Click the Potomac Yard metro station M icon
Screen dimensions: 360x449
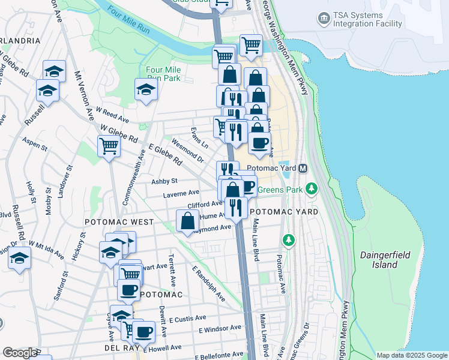303,169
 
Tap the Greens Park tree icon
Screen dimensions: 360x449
311,190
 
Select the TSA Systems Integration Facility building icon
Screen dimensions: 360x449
324,18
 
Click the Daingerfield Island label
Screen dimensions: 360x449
385,260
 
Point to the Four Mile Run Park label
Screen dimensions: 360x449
163,74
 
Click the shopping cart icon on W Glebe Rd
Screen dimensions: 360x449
109,145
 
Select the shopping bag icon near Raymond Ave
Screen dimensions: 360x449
188,220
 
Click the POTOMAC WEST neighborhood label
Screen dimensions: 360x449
119,222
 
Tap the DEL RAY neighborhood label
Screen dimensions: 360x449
122,348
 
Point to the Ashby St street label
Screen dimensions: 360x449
164,181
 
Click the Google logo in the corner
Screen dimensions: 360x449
20,353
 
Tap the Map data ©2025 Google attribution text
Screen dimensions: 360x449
412,355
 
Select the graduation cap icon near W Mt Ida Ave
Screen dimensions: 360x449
19,259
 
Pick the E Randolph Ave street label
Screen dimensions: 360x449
209,284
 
